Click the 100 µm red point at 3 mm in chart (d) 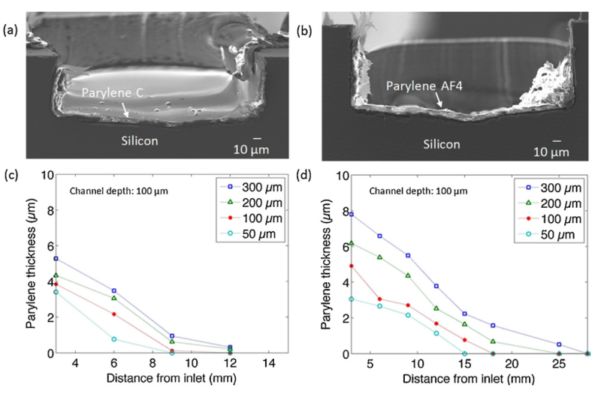click(351, 266)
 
